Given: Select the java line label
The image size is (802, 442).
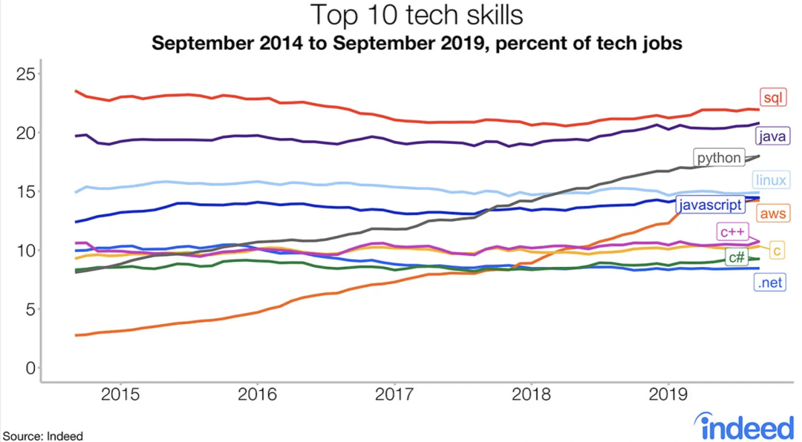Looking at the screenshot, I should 772,136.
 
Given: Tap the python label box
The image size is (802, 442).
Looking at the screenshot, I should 719,158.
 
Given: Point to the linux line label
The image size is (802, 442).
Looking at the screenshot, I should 770,179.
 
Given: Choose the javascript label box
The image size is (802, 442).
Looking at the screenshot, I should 710,205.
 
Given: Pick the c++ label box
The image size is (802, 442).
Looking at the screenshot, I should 731,231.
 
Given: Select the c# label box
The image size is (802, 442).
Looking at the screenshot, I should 737,257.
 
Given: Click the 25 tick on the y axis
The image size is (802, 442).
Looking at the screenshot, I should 25,74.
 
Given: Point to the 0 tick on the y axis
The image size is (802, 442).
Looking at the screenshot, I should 30,368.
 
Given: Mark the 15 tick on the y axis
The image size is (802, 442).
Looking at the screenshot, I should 25,191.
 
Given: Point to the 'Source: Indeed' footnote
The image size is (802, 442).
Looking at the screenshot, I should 43,436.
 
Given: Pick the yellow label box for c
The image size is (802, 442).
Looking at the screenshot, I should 777,251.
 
